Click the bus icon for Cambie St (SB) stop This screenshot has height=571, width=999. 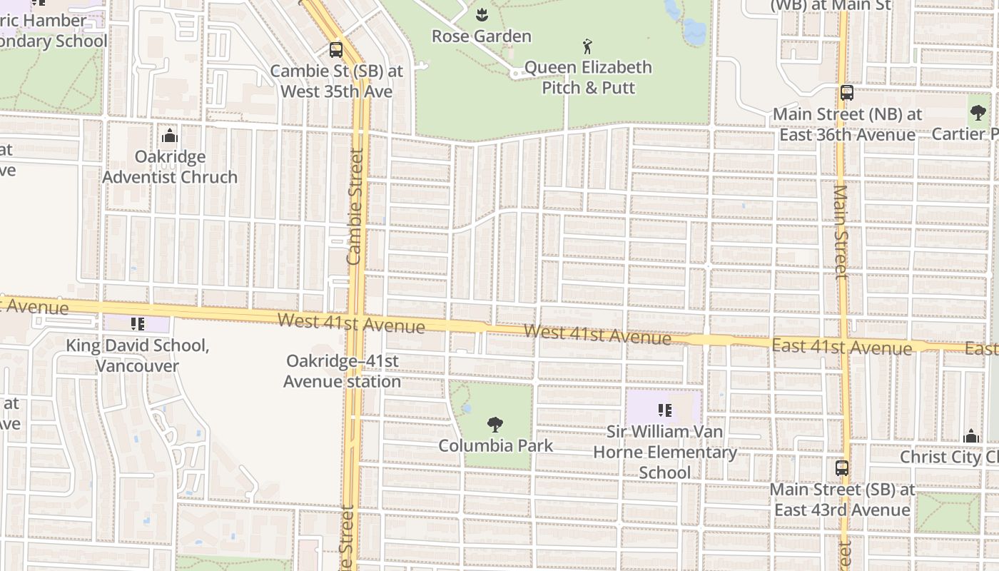click(335, 50)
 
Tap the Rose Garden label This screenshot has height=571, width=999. click(481, 36)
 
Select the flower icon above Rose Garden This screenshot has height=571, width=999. click(481, 14)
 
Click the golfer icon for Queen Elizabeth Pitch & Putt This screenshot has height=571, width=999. click(587, 47)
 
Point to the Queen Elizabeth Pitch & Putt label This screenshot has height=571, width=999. click(588, 77)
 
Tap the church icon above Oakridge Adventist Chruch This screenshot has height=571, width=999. click(170, 136)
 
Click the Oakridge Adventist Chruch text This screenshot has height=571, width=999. click(170, 167)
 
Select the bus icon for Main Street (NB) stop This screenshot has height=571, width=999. click(846, 93)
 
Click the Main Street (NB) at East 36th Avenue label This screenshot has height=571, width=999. click(847, 124)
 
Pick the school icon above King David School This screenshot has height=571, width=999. click(138, 324)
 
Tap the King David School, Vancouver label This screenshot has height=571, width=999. click(138, 355)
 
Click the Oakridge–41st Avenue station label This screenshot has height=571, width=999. click(343, 371)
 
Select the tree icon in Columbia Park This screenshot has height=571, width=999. click(495, 425)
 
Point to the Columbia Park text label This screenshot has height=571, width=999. click(495, 446)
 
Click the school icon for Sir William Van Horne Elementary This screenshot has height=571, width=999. click(665, 410)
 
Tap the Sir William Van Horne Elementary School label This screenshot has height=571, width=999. click(665, 452)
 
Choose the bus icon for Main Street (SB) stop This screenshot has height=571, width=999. click(842, 468)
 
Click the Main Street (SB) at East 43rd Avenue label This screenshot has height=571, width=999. click(842, 500)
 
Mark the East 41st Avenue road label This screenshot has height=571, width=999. click(842, 348)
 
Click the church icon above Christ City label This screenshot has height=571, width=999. click(971, 436)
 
